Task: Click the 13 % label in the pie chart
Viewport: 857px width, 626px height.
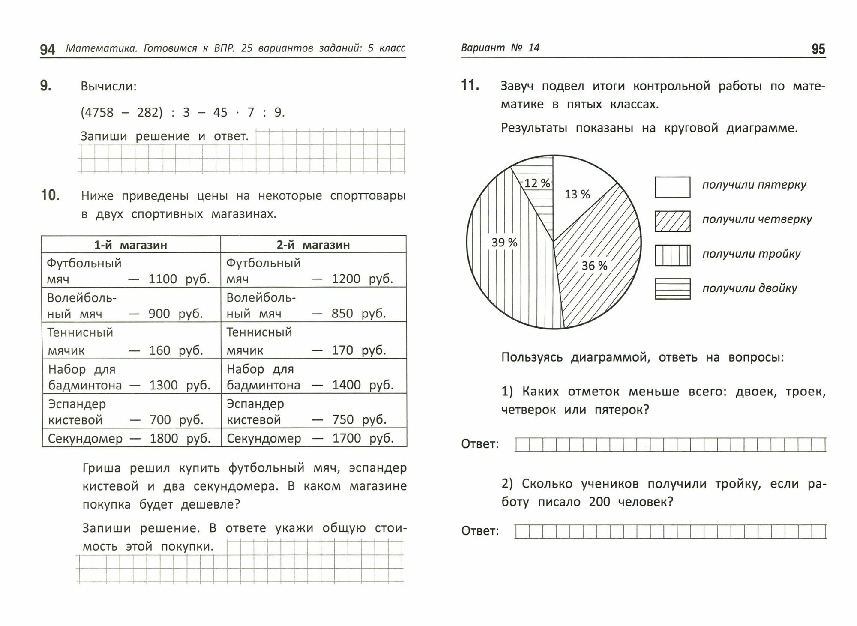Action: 577,195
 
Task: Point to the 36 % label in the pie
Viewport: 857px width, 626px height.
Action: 594,266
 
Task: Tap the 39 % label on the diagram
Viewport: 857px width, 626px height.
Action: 504,243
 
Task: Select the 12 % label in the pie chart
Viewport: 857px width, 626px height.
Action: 537,183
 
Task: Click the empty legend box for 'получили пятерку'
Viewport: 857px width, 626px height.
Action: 672,187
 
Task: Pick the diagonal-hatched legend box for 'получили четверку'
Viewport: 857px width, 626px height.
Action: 672,221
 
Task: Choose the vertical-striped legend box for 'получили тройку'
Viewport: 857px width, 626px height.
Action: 672,255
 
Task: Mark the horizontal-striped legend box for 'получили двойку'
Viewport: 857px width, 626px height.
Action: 672,289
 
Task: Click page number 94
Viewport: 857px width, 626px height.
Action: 48,50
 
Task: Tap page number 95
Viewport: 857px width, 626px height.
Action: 818,49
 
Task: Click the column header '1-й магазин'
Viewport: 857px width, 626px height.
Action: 131,245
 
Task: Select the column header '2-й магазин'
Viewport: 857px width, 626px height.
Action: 313,245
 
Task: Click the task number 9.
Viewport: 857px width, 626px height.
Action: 46,86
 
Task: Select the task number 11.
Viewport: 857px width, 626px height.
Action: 470,85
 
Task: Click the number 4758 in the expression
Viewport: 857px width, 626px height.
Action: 99,113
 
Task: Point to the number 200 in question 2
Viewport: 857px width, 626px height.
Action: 599,502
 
